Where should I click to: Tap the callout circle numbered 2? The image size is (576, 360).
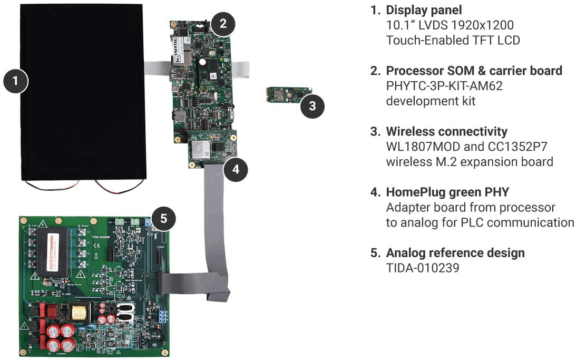tap(223, 23)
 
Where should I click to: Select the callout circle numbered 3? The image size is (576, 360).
tap(312, 106)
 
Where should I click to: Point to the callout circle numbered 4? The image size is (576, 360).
tap(236, 169)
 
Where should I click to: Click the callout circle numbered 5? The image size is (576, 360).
tap(164, 218)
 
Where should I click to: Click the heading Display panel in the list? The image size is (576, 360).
tap(424, 10)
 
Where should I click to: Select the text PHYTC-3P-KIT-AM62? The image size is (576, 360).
tap(444, 85)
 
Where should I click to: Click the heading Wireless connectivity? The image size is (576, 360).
tap(446, 131)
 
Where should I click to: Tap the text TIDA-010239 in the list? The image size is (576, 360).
tap(422, 268)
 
